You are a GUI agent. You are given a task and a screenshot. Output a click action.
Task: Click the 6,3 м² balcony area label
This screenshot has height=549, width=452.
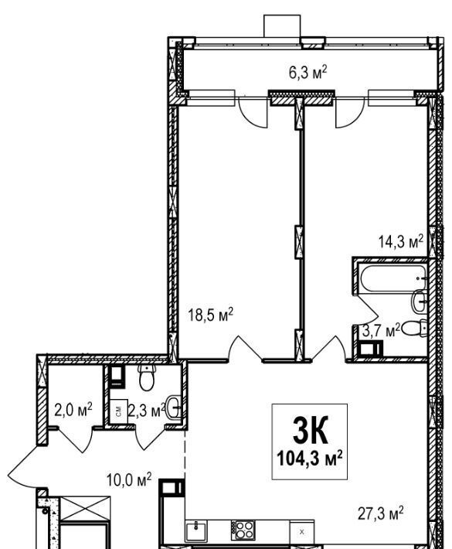308,73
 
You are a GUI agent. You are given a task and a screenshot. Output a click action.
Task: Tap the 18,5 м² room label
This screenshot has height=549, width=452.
210,314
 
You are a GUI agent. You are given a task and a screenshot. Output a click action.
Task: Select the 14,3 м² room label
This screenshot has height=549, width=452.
401,241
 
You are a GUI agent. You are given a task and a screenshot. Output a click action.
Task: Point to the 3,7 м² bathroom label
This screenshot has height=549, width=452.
381,330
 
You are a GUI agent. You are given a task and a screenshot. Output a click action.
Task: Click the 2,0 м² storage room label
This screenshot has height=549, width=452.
73,409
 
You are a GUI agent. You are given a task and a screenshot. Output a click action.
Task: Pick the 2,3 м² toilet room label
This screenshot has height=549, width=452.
146,410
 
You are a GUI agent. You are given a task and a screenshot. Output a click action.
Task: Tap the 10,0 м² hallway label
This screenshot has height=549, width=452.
129,479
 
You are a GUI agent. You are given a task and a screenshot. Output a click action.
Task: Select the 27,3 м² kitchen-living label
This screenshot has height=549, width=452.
381,513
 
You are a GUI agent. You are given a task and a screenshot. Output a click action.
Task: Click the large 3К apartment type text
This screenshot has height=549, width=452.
310,430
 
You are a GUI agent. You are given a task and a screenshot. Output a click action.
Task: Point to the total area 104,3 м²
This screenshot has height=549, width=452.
310,458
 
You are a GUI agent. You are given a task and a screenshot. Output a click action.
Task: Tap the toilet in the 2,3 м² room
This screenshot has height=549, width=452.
147,378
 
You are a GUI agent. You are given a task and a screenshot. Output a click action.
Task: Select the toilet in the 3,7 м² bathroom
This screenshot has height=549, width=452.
414,329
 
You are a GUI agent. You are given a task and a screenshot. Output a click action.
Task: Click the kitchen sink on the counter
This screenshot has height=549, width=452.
196,530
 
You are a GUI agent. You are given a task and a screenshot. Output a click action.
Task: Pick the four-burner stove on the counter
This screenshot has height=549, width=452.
243,530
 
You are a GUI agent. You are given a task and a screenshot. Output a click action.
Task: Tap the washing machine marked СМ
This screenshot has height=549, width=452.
118,411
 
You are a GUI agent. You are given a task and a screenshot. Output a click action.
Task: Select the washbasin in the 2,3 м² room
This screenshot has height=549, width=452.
174,407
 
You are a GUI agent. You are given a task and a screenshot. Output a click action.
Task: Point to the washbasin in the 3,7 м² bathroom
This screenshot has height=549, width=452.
419,302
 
